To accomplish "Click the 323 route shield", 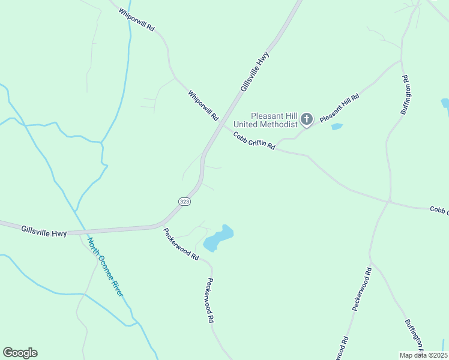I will click(184, 202).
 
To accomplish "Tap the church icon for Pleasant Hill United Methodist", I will click(307, 119).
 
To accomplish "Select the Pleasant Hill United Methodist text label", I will click(274, 120).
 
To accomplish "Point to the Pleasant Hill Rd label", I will click(339, 109).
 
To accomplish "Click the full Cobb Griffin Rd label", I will click(254, 141).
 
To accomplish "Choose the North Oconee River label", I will click(105, 266).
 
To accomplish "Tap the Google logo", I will click(20, 353).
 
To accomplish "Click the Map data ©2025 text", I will click(423, 355).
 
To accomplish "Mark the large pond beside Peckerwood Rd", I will click(217, 239).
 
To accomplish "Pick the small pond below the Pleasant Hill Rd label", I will click(337, 127).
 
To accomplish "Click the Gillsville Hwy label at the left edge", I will click(44, 230).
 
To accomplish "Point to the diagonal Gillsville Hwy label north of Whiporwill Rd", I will click(255, 72).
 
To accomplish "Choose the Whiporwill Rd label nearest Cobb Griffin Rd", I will click(203, 106).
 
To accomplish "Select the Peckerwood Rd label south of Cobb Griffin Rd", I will click(363, 289).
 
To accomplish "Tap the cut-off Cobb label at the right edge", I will click(439, 210).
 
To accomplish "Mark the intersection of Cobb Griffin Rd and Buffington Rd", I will click(390, 202).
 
